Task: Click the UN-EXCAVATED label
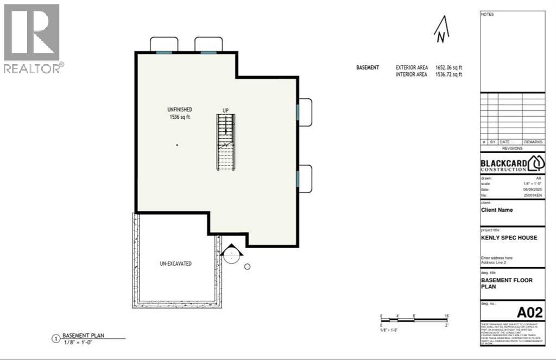(x=175, y=263)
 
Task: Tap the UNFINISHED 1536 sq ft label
(x=180, y=113)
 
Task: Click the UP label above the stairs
(x=225, y=111)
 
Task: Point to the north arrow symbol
(x=442, y=30)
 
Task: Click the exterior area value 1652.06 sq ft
(x=448, y=67)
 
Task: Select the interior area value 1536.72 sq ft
(x=448, y=74)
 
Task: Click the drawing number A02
(x=529, y=312)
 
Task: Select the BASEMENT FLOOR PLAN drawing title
(x=507, y=283)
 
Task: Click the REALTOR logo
(x=33, y=38)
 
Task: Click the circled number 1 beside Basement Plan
(x=55, y=339)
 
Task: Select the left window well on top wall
(x=164, y=45)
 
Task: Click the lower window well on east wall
(x=304, y=179)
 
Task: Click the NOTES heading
(x=487, y=14)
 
